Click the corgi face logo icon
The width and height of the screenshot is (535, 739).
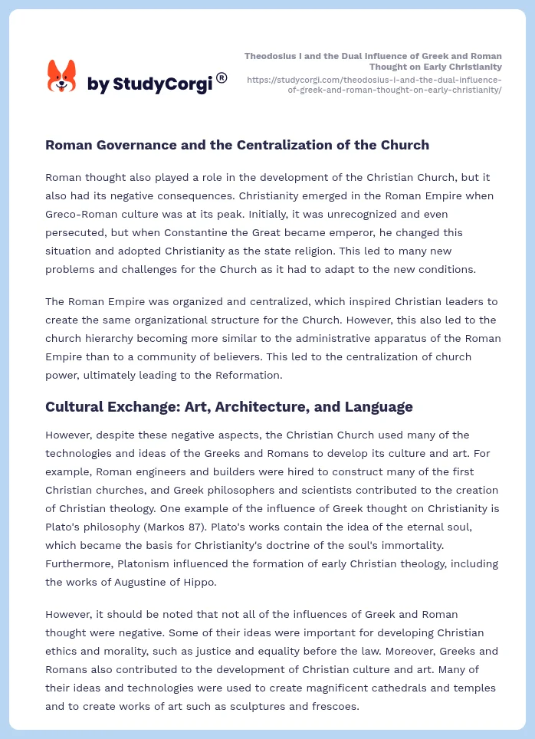pyautogui.click(x=61, y=76)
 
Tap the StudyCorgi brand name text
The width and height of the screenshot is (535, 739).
pyautogui.click(x=149, y=84)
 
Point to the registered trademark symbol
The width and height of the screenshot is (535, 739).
pyautogui.click(x=222, y=77)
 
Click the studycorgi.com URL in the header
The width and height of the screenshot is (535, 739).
pyautogui.click(x=373, y=84)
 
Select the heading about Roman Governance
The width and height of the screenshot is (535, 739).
pyautogui.click(x=237, y=145)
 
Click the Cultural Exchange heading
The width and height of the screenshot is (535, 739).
pyautogui.click(x=229, y=406)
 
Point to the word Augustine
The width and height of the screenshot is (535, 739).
pyautogui.click(x=159, y=582)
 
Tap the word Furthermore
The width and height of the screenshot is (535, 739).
pyautogui.click(x=79, y=563)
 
